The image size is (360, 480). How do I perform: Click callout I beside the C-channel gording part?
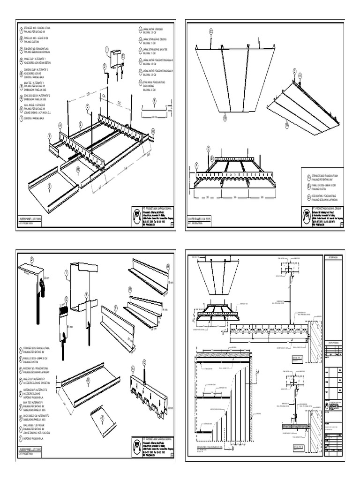pyautogui.click(x=67, y=273)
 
